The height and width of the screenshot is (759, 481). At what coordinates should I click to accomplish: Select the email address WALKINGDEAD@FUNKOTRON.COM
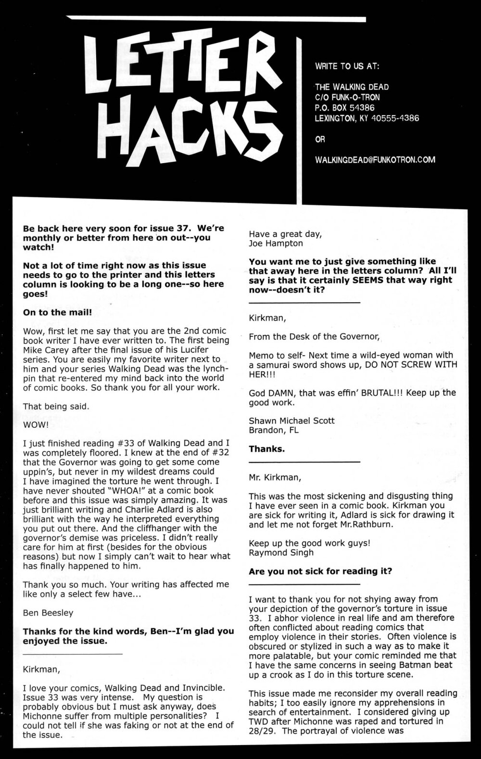click(375, 159)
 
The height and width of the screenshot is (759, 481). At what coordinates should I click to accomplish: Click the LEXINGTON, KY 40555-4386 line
click(367, 118)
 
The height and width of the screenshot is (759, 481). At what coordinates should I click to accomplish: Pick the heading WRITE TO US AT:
click(346, 66)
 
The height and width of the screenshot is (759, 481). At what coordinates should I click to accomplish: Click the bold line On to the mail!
click(57, 312)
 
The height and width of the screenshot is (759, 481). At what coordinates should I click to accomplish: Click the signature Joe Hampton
click(276, 243)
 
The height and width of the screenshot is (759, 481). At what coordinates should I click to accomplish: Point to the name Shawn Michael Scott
click(291, 420)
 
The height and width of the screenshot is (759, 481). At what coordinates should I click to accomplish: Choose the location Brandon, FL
click(273, 430)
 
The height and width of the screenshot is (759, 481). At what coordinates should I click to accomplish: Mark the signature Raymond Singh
click(281, 553)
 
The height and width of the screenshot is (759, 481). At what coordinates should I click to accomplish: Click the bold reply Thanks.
click(266, 449)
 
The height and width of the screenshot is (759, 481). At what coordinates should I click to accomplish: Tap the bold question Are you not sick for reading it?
click(320, 571)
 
